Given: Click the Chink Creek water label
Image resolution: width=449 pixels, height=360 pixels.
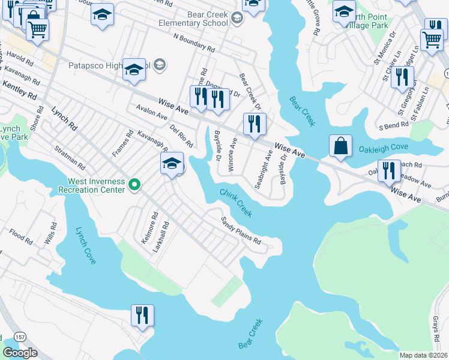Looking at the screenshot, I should pyautogui.click(x=235, y=203).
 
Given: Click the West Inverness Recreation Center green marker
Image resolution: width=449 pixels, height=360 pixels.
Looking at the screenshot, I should pyautogui.click(x=134, y=185).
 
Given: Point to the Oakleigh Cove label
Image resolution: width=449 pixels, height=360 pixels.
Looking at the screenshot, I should pyautogui.click(x=383, y=148).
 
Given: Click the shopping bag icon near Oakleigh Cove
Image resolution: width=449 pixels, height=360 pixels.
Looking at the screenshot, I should pyautogui.click(x=341, y=146).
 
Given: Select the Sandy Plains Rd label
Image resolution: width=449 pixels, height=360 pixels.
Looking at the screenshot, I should pyautogui.click(x=241, y=230).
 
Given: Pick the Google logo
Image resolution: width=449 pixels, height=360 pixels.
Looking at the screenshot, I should pyautogui.click(x=20, y=353).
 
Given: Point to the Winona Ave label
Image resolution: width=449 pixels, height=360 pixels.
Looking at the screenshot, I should pyautogui.click(x=231, y=154).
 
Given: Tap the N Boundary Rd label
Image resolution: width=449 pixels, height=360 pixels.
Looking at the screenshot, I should pyautogui.click(x=193, y=41).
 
